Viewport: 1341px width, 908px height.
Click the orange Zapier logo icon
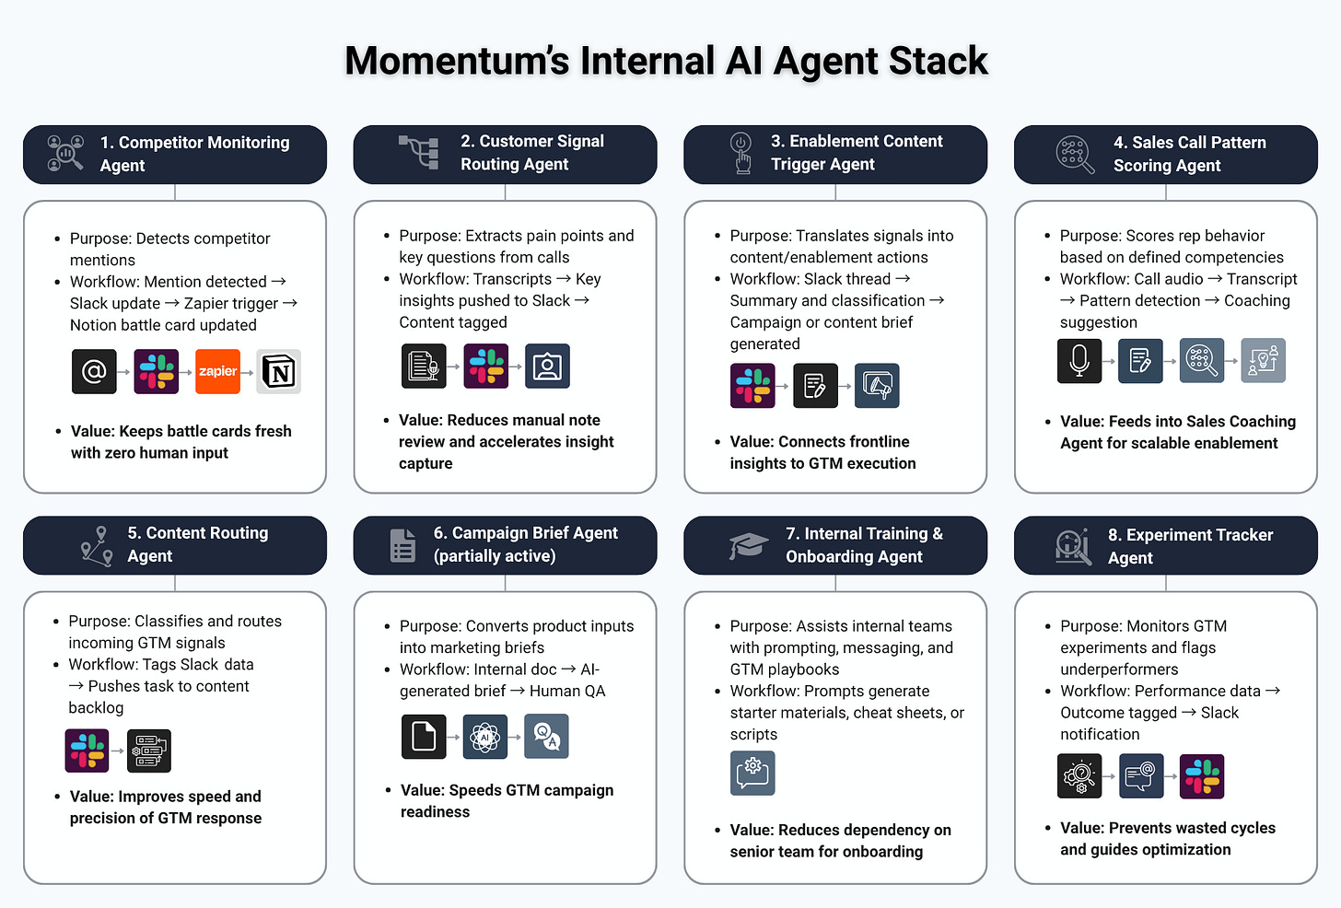[217, 371]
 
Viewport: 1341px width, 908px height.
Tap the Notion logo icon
[279, 371]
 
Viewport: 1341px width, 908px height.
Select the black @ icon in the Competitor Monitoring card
[94, 371]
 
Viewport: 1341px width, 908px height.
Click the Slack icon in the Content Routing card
[87, 751]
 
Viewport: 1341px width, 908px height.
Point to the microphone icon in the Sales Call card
[1079, 360]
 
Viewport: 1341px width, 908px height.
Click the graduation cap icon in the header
[748, 545]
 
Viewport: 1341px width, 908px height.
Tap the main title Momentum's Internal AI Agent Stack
[666, 61]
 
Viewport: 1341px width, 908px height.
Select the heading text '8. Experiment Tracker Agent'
[1190, 546]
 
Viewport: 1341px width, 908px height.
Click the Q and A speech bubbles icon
[546, 737]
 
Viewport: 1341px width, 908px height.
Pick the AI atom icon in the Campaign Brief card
[485, 737]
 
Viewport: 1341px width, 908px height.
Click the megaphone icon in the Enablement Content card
[877, 386]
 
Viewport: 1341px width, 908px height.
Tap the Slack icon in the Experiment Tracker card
[1203, 776]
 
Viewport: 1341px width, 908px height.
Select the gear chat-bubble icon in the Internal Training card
[752, 773]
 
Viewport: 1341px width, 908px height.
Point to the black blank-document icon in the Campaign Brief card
[424, 737]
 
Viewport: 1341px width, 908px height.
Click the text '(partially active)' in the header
[495, 556]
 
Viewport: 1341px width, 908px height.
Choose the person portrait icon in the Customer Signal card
[547, 366]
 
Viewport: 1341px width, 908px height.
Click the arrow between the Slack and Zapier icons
[187, 372]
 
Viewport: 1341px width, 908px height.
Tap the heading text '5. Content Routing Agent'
[197, 544]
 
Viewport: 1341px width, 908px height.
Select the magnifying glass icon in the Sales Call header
[1075, 154]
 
